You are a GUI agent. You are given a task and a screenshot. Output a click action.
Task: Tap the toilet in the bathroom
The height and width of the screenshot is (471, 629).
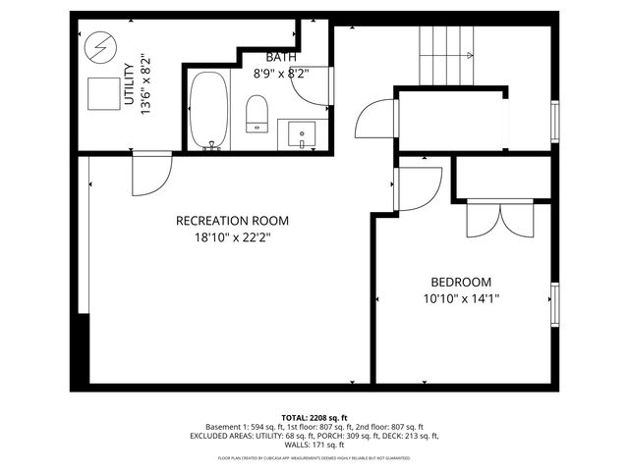[x=257, y=113]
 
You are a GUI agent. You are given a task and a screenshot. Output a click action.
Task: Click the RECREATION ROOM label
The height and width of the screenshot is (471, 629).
[x=232, y=221]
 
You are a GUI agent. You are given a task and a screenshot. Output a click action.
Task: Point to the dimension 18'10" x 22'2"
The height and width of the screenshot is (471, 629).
[x=232, y=236]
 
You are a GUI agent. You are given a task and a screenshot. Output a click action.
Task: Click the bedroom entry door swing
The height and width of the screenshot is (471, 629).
[x=418, y=187]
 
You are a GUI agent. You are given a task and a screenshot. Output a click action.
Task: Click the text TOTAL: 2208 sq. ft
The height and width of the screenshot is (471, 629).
[x=314, y=418]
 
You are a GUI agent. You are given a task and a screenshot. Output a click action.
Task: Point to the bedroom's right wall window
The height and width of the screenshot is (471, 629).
[x=555, y=303]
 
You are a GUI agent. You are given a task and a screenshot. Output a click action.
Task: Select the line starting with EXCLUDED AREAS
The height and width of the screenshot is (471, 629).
[x=314, y=436]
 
